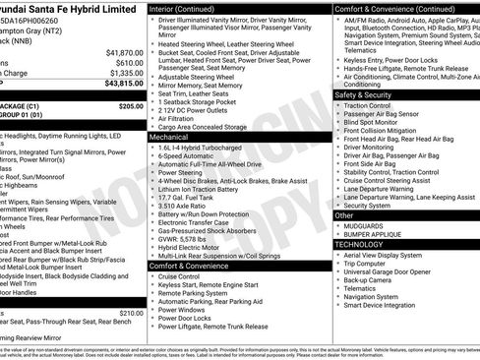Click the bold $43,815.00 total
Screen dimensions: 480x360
pyautogui.click(x=123, y=85)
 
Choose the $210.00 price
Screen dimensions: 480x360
pyautogui.click(x=131, y=313)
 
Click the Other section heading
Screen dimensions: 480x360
pyautogui.click(x=344, y=214)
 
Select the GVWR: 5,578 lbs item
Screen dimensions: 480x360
pyautogui.click(x=186, y=239)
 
